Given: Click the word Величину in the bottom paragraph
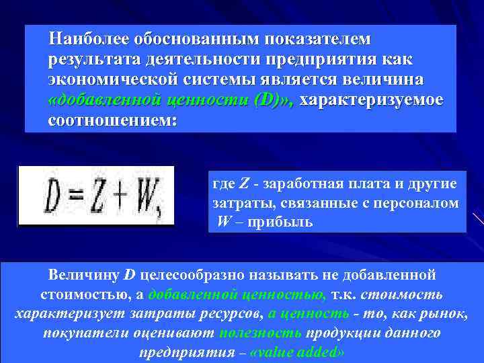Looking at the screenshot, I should [85, 275].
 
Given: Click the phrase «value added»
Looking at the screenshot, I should [296, 352].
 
